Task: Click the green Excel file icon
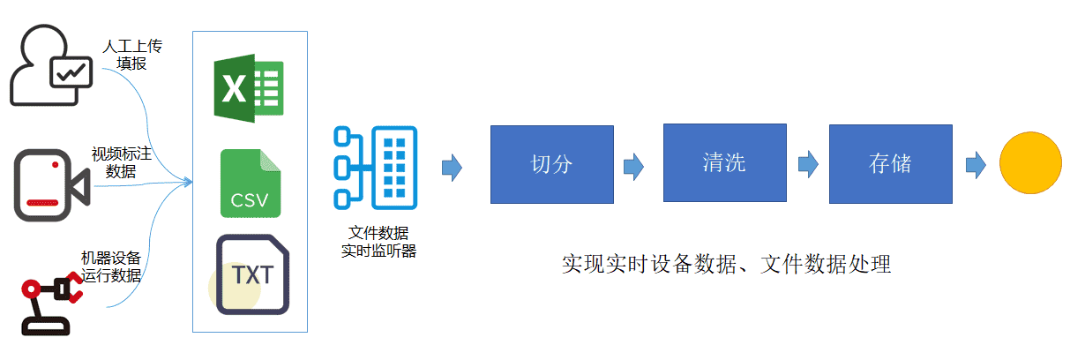point(249,88)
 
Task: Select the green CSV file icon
point(251,184)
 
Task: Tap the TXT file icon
point(252,274)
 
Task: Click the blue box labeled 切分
point(551,164)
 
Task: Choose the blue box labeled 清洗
point(724,163)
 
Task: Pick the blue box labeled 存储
point(890,164)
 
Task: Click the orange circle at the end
point(1030,163)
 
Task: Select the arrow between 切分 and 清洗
point(634,167)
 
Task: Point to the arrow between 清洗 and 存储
point(808,164)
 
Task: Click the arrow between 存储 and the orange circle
point(976,165)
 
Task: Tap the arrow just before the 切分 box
point(452,168)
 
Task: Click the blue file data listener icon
point(376,168)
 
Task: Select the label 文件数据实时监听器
point(378,242)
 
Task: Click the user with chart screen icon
point(50,65)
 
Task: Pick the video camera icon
point(51,185)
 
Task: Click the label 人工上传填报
point(132,55)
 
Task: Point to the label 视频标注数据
point(122,162)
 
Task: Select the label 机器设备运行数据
point(111,266)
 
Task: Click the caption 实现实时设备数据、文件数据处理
point(727,265)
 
